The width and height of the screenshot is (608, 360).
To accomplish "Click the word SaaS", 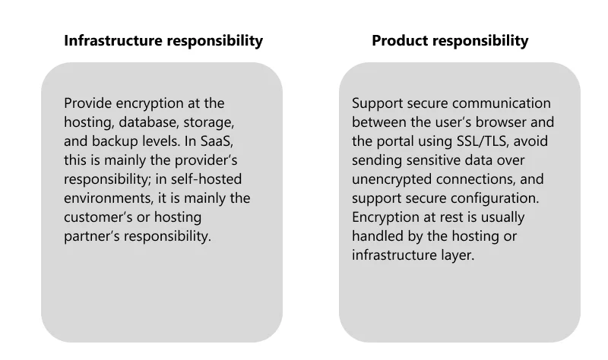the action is [x=217, y=141].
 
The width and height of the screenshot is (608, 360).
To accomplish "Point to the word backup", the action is [x=115, y=141].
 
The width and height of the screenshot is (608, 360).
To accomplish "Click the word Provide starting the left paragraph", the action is [x=88, y=103].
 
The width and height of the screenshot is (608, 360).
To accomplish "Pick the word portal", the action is [x=393, y=141].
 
